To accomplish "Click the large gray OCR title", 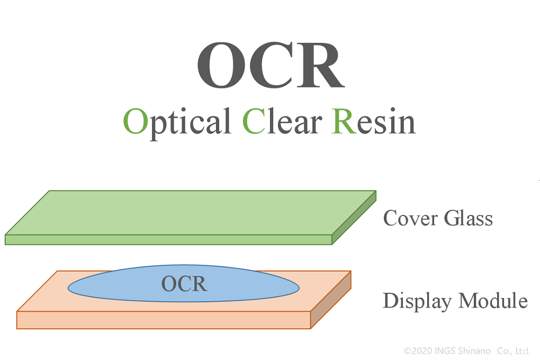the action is (271, 66).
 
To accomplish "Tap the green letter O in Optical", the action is (136, 121).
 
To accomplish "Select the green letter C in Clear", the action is (254, 121).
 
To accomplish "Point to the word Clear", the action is (282, 121).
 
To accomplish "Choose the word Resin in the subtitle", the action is (374, 121).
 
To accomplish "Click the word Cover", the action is (410, 218).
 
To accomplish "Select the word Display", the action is (417, 301).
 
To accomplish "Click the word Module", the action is (493, 300).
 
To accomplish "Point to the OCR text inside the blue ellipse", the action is (184, 284).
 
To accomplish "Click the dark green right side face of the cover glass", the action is (354, 218).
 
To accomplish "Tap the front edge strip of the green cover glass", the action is (168, 240).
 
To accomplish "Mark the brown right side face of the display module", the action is (330, 300).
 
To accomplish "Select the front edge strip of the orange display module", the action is (164, 320).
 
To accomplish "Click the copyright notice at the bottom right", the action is (466, 351).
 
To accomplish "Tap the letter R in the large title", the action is (321, 66).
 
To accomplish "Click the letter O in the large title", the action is (219, 66).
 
